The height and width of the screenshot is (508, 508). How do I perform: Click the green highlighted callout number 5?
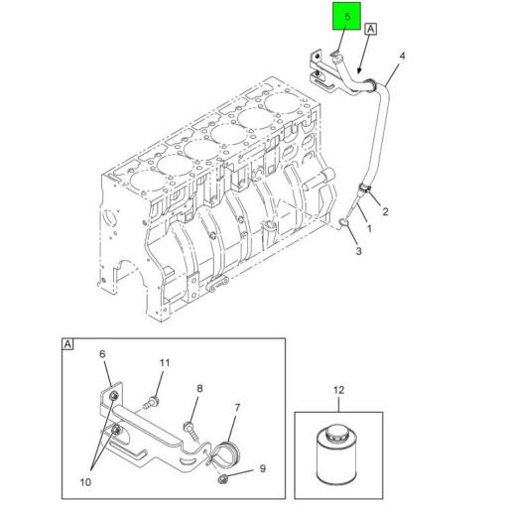(x=347, y=17)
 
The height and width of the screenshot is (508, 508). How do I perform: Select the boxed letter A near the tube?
(x=371, y=29)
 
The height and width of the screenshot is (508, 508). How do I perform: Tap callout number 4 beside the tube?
(x=402, y=56)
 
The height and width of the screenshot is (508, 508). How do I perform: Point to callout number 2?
(x=385, y=211)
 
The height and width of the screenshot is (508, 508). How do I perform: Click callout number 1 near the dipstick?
(x=369, y=228)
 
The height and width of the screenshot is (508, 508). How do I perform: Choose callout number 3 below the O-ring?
(x=359, y=251)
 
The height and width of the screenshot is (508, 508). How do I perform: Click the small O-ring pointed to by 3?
(x=344, y=223)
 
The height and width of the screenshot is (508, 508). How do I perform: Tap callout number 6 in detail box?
(x=102, y=354)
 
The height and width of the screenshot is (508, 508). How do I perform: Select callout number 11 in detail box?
(x=165, y=363)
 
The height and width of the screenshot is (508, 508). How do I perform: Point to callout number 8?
(x=199, y=388)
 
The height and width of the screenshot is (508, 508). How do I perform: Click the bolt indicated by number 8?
(x=191, y=431)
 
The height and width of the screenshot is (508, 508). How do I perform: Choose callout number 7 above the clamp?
(x=237, y=408)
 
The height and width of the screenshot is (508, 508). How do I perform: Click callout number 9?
(x=262, y=468)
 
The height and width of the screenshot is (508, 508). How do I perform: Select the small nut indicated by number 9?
(x=223, y=478)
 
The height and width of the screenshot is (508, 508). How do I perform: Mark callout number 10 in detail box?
(x=85, y=482)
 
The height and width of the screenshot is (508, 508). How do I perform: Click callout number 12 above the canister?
(x=339, y=390)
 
